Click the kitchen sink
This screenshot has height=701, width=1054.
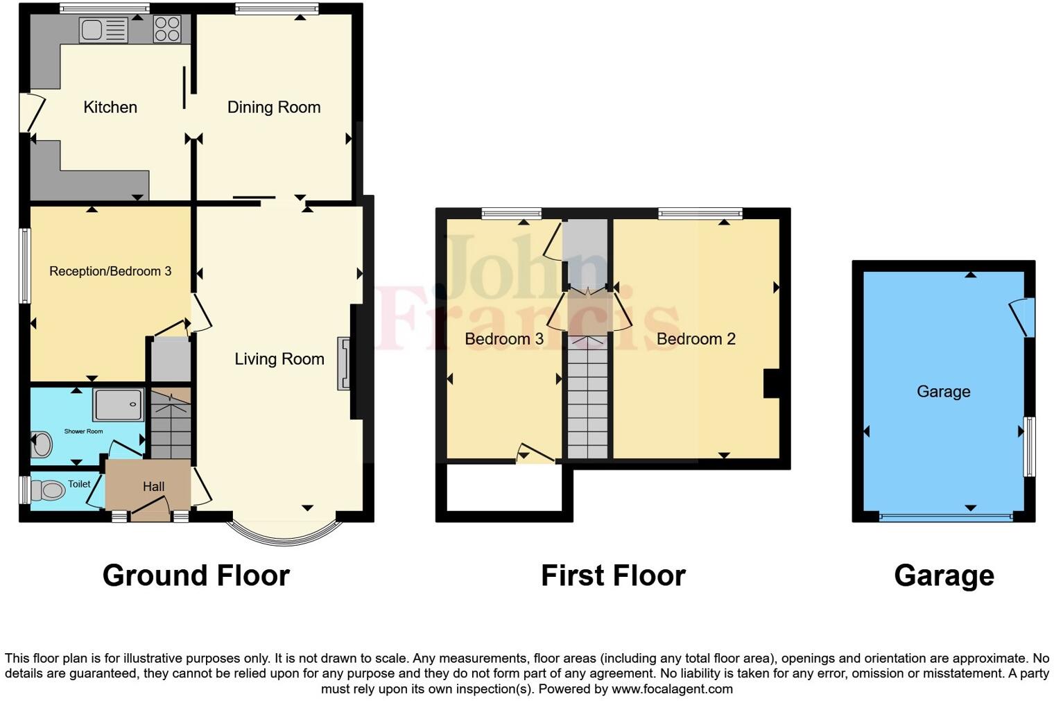[x=103, y=30]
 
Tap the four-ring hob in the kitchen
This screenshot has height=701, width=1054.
[x=167, y=29]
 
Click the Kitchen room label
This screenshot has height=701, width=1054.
[x=110, y=107]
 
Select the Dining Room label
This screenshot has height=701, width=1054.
[x=274, y=107]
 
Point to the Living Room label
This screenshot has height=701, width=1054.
[x=279, y=358]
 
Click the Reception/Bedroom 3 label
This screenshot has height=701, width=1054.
[x=110, y=271]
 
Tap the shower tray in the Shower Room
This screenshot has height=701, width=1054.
[x=119, y=405]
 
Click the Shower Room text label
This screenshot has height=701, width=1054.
[x=83, y=431]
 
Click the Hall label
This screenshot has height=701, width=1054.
[x=153, y=487]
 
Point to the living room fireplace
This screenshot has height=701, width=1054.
[x=343, y=364]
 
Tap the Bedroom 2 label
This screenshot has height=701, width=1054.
[x=696, y=338]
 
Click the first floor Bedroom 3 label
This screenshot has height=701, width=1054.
[x=503, y=338]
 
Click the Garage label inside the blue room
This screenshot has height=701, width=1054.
[x=943, y=392]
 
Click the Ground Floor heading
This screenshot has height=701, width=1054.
[x=196, y=575]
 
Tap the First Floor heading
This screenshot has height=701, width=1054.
[x=613, y=575]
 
